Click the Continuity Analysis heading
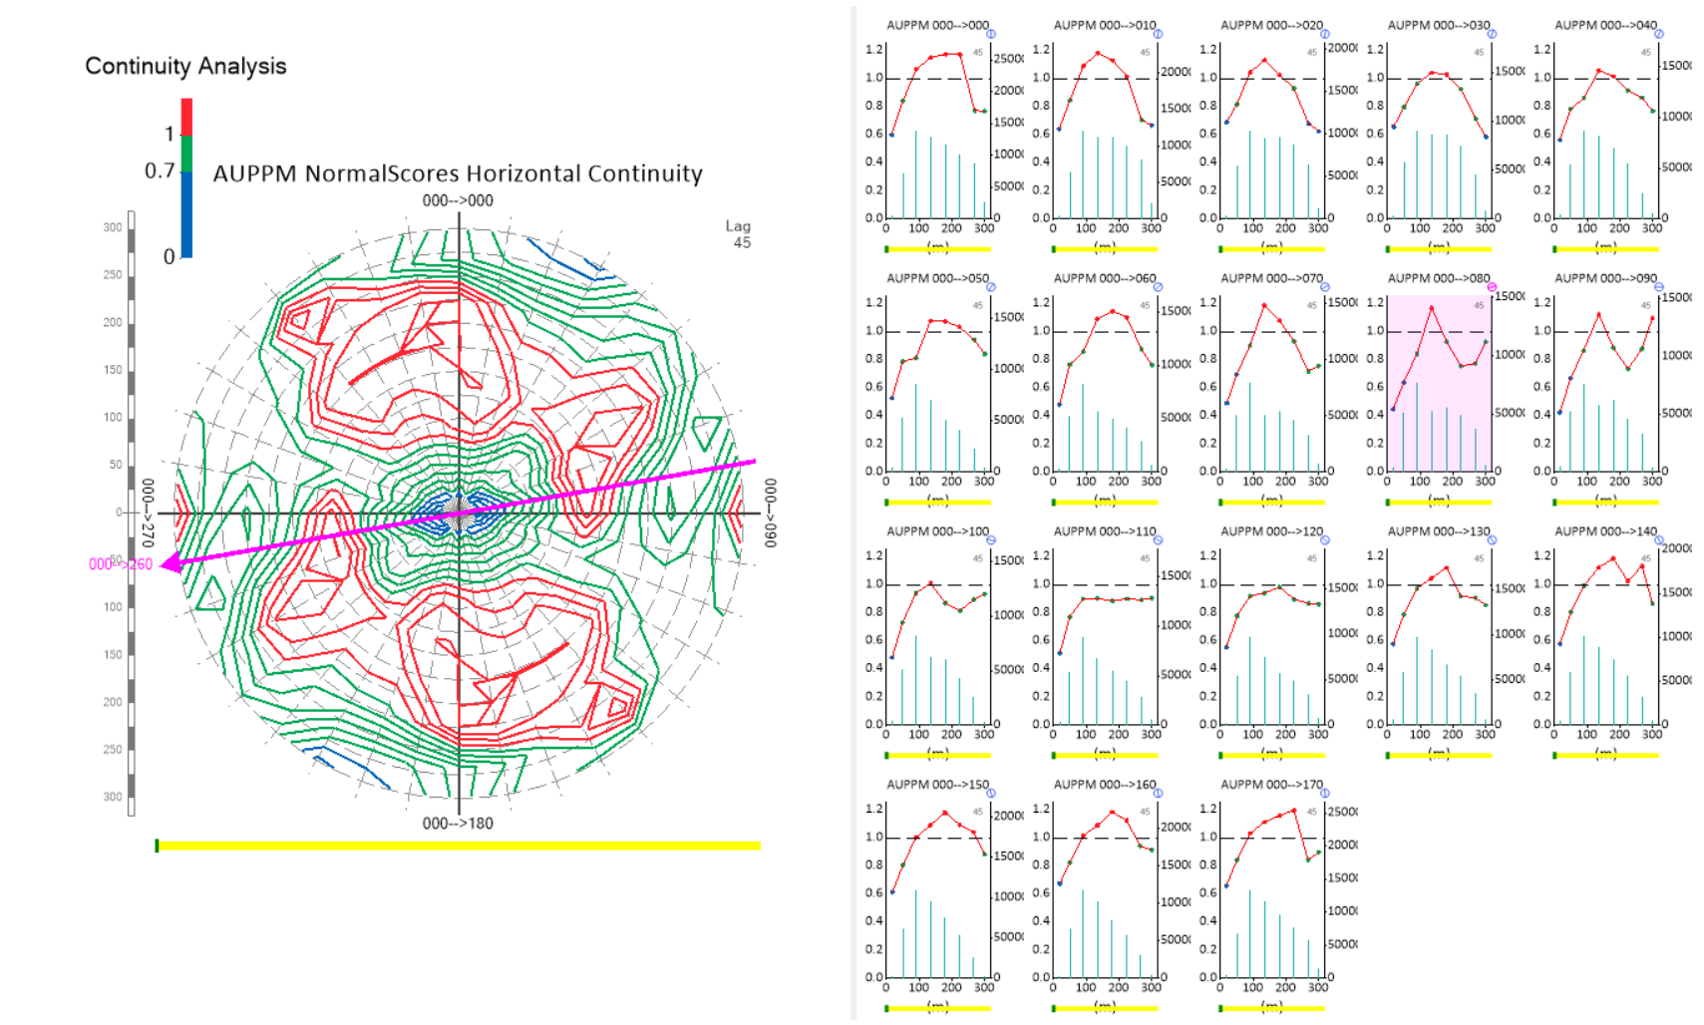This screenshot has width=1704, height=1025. click(x=185, y=67)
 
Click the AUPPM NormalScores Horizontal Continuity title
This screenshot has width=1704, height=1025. click(x=458, y=173)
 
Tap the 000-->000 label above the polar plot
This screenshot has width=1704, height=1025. click(x=458, y=200)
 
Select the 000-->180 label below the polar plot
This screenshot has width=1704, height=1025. click(x=458, y=824)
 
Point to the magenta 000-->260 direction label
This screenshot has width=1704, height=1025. click(x=121, y=564)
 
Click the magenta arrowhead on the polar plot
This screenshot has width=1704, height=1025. click(x=170, y=563)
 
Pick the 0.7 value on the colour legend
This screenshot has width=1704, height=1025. click(x=160, y=171)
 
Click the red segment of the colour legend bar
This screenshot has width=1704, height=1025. click(x=186, y=116)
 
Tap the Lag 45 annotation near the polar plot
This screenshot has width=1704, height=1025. click(x=739, y=234)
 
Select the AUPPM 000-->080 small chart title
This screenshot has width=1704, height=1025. click(x=1439, y=278)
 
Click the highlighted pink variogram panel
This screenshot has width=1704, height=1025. click(x=1439, y=384)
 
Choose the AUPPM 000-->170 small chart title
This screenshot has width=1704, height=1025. click(x=1271, y=785)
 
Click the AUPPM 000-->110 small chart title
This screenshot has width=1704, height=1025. click(x=1105, y=531)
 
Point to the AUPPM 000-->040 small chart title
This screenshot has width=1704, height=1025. click(x=1605, y=25)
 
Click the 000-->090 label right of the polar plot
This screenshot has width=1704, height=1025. click(x=770, y=512)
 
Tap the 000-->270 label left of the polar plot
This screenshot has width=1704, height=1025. click(x=147, y=512)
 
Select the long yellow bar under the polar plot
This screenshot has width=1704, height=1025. click(x=458, y=846)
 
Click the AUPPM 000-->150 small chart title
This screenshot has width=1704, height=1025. click(x=937, y=785)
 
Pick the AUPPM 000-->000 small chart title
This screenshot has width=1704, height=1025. click(x=937, y=25)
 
